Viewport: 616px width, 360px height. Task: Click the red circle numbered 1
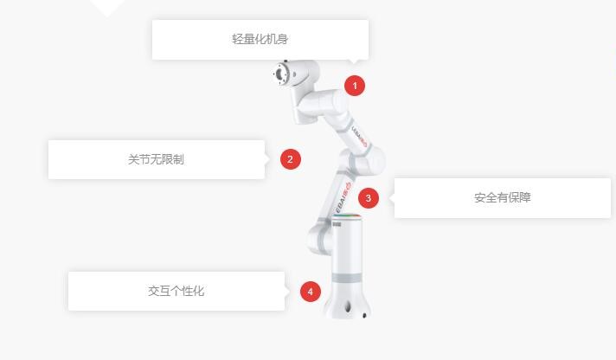(355, 86)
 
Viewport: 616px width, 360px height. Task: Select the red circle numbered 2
(291, 159)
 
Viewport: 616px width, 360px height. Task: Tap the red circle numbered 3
(369, 197)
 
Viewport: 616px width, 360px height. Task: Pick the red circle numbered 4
(311, 292)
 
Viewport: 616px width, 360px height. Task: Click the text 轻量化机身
(260, 39)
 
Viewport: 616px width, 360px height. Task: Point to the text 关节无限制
(156, 159)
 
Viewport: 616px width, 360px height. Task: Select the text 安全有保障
(503, 197)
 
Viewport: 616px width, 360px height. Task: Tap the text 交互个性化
(176, 291)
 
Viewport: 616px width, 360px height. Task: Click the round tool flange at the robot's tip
(279, 74)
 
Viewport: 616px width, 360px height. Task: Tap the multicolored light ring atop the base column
(346, 215)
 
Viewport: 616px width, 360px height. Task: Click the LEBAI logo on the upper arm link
(359, 136)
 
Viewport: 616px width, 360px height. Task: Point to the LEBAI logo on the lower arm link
(343, 197)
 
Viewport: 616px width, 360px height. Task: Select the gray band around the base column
(346, 279)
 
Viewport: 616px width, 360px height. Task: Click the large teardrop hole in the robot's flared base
(347, 306)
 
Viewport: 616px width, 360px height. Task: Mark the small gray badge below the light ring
(337, 224)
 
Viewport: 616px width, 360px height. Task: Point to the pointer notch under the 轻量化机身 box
(355, 61)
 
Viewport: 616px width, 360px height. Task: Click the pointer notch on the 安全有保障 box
(392, 197)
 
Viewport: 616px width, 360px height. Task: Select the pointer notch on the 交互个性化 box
(287, 292)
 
